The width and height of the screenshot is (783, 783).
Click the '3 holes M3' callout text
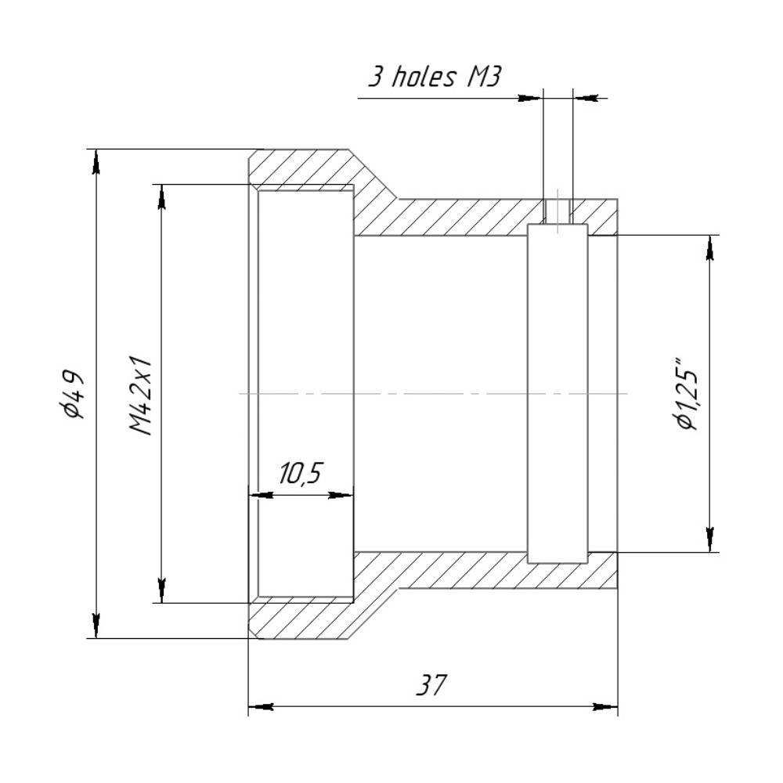(435, 78)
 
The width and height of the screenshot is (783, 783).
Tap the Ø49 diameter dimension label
(73, 394)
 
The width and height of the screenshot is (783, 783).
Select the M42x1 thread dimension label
(140, 395)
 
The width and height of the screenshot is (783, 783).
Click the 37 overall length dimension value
(431, 685)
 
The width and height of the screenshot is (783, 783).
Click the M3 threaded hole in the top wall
(557, 211)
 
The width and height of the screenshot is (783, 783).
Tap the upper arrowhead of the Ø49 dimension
(96, 162)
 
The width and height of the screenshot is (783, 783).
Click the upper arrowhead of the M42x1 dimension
(161, 197)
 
